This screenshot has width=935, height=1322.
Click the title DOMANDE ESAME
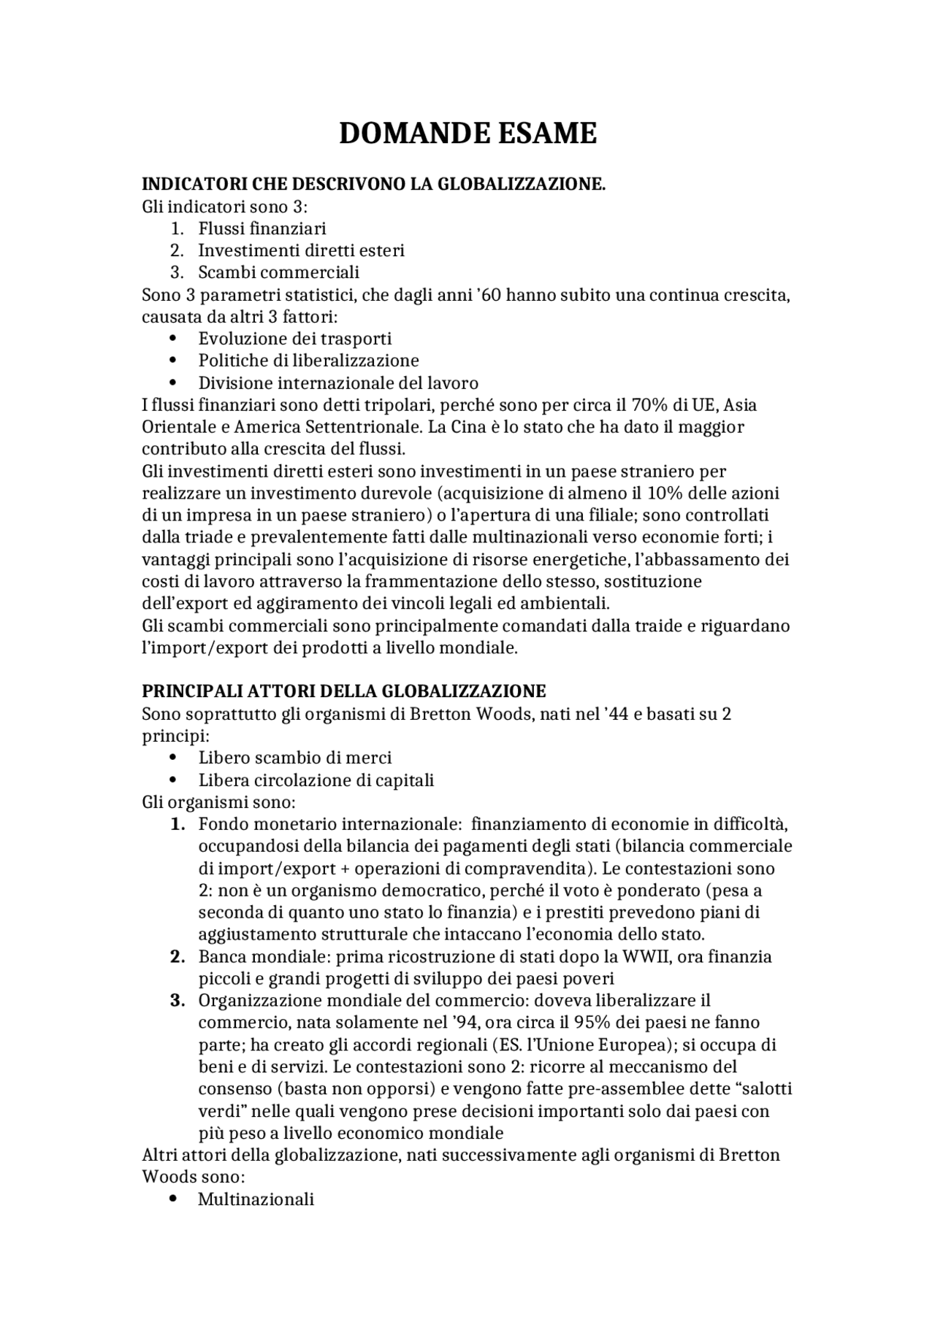point(467,134)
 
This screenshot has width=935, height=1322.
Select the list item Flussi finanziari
point(262,228)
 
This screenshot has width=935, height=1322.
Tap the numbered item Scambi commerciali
point(279,272)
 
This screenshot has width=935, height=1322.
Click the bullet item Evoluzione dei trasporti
point(295,339)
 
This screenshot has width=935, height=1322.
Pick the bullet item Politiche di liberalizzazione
point(308,361)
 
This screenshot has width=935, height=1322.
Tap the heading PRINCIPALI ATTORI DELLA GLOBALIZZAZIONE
point(343,691)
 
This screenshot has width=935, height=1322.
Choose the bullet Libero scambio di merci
point(295,758)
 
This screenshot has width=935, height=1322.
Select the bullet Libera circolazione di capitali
point(316,780)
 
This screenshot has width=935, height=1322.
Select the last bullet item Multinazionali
point(256,1199)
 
